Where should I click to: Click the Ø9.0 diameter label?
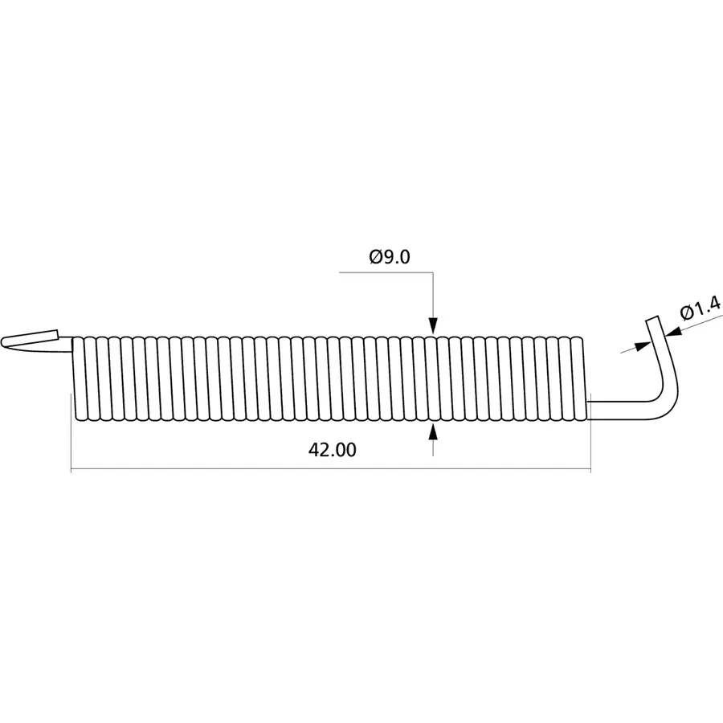390,257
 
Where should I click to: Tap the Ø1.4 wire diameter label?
700,308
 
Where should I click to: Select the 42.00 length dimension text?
332,451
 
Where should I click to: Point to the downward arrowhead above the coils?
433,325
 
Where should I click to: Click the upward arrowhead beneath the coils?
433,431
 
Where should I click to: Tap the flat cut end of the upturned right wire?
652,320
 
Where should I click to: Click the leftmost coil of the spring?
78,378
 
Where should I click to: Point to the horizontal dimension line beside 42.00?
201,470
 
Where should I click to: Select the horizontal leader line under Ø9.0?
386,273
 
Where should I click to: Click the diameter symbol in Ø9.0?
375,257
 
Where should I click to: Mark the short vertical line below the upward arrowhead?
433,448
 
